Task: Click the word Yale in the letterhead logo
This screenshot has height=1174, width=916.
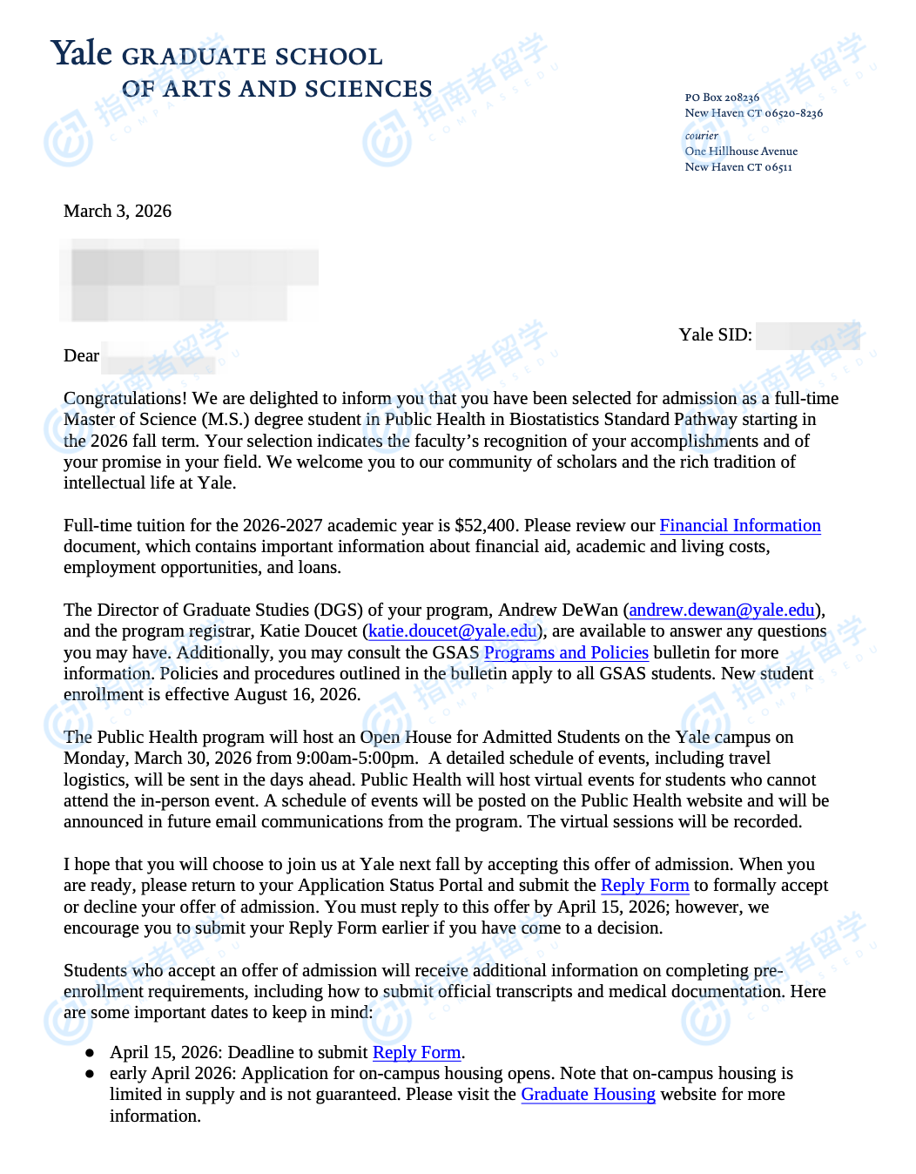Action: click(x=82, y=54)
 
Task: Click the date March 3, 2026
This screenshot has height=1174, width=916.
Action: click(x=118, y=212)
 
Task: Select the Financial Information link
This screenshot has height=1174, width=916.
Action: click(x=739, y=526)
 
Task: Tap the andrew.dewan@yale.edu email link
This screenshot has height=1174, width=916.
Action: click(x=721, y=611)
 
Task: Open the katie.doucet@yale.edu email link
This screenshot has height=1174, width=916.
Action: click(x=452, y=631)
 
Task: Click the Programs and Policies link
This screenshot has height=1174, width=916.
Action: click(x=566, y=653)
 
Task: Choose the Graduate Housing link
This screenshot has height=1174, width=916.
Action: click(x=588, y=1095)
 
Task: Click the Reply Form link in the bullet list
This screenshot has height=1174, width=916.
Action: click(x=416, y=1053)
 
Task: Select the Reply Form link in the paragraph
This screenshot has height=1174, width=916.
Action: click(x=644, y=886)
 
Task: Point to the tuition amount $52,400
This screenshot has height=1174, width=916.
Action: click(x=487, y=526)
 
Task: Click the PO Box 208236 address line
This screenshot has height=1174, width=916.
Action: click(x=722, y=98)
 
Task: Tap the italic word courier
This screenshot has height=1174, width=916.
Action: click(x=701, y=136)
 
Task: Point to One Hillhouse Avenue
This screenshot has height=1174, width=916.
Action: click(x=741, y=152)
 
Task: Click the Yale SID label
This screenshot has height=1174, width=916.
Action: click(x=715, y=335)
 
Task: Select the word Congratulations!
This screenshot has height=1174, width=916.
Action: click(x=125, y=399)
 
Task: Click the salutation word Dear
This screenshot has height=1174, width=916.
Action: click(x=81, y=356)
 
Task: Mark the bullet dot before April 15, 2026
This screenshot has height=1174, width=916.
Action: click(x=90, y=1053)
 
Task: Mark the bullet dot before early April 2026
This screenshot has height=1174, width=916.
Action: click(x=90, y=1074)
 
